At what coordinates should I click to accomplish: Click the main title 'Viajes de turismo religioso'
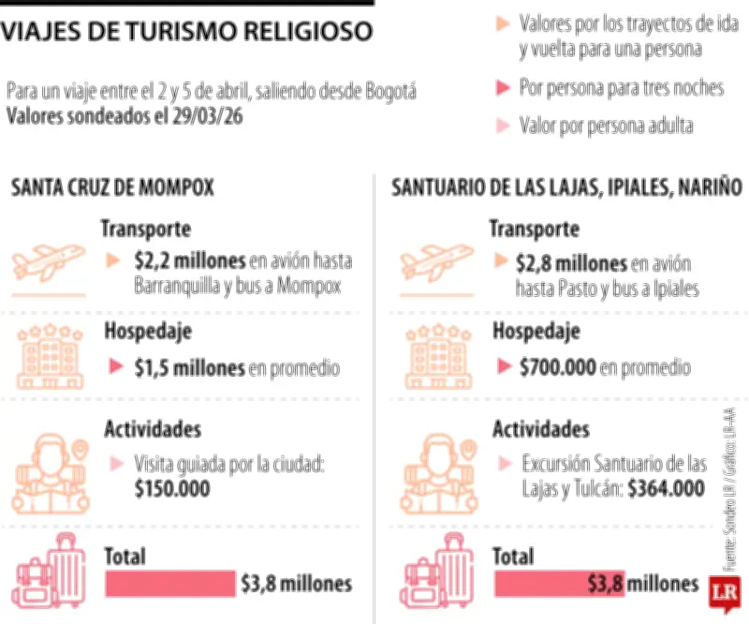click(186, 33)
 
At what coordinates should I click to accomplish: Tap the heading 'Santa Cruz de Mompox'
click(112, 187)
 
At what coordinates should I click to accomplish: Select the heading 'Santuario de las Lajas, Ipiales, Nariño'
click(566, 187)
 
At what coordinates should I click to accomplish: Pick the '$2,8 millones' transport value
click(572, 261)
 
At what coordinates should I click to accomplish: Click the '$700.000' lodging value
click(557, 368)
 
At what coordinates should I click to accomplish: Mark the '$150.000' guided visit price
click(172, 488)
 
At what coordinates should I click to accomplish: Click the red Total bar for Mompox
click(169, 584)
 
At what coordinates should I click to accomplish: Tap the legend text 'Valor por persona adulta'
click(606, 126)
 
